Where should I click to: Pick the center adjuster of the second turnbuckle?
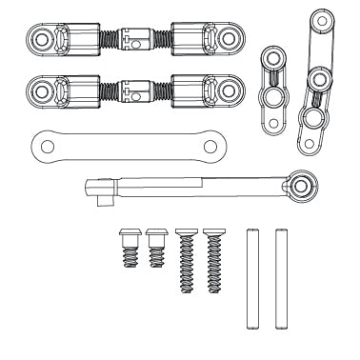click(x=135, y=92)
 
